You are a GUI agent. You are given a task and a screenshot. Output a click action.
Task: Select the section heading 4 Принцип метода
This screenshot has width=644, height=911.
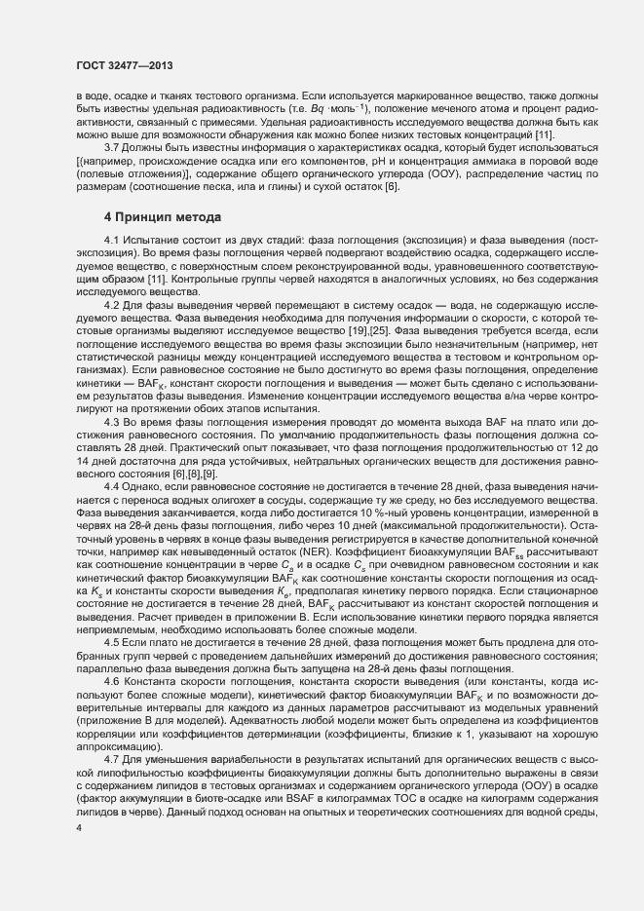click(x=156, y=243)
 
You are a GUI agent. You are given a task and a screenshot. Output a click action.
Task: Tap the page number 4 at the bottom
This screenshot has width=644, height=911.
click(x=79, y=828)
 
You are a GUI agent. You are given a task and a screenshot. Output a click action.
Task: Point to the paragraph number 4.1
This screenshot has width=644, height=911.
click(x=113, y=266)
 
